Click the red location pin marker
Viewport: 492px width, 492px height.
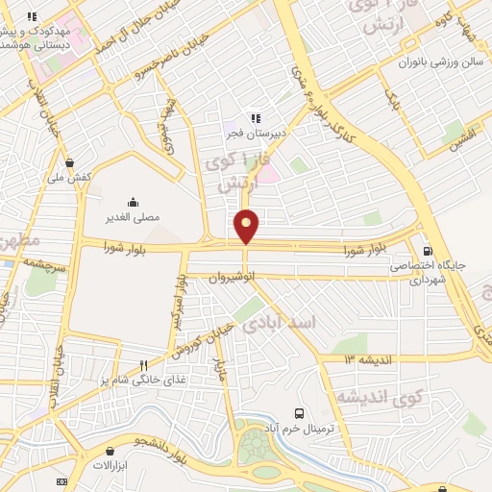coord(247,226)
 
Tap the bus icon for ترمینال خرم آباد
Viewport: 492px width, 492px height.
coord(300,411)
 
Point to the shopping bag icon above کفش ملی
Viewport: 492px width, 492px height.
coord(69,162)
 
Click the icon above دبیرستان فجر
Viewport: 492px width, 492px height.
coord(257,118)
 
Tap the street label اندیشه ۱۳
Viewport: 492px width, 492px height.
coord(362,358)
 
